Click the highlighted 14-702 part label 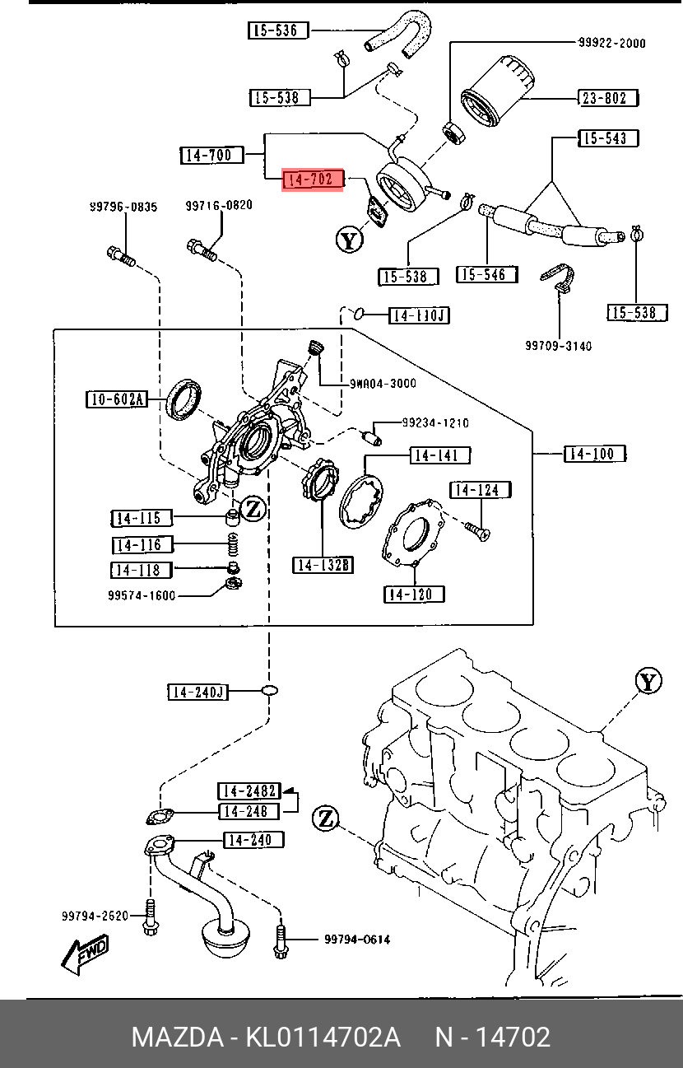pyautogui.click(x=312, y=180)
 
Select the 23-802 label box pyautogui.click(x=608, y=98)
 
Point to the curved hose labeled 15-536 pyautogui.click(x=400, y=34)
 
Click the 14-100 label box pyautogui.click(x=595, y=454)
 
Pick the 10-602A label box pyautogui.click(x=117, y=399)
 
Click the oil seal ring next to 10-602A pyautogui.click(x=184, y=399)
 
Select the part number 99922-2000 pyautogui.click(x=612, y=43)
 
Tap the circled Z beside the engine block pyautogui.click(x=326, y=819)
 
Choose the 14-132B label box pyautogui.click(x=323, y=565)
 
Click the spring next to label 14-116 pyautogui.click(x=233, y=544)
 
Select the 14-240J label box pyautogui.click(x=198, y=693)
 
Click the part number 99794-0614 pyautogui.click(x=357, y=940)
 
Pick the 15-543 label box pyautogui.click(x=608, y=138)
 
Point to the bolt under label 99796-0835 pyautogui.click(x=121, y=257)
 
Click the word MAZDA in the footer pyautogui.click(x=178, y=1037)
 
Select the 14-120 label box pyautogui.click(x=414, y=594)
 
